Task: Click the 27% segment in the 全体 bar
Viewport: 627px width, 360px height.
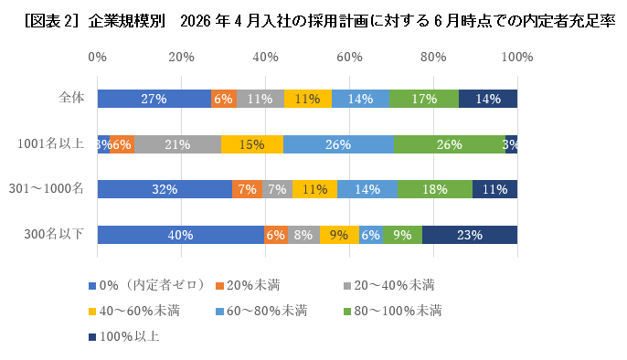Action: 154,99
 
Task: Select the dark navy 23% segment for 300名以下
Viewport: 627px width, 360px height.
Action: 469,234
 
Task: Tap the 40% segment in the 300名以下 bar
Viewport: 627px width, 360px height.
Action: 181,234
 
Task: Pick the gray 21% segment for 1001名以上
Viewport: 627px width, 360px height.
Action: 177,144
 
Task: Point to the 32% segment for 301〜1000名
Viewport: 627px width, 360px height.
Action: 165,189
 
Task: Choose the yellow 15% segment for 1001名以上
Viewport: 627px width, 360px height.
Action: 251,144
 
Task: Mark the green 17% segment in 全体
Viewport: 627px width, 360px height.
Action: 423,99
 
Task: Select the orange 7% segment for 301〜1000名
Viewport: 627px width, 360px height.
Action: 247,189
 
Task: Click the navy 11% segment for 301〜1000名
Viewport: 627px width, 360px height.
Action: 494,189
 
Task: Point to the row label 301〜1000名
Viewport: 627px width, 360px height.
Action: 48,189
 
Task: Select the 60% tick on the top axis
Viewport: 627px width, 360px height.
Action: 349,57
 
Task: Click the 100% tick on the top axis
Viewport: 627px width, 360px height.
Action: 517,57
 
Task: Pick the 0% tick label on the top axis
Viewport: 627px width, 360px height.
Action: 98,57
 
